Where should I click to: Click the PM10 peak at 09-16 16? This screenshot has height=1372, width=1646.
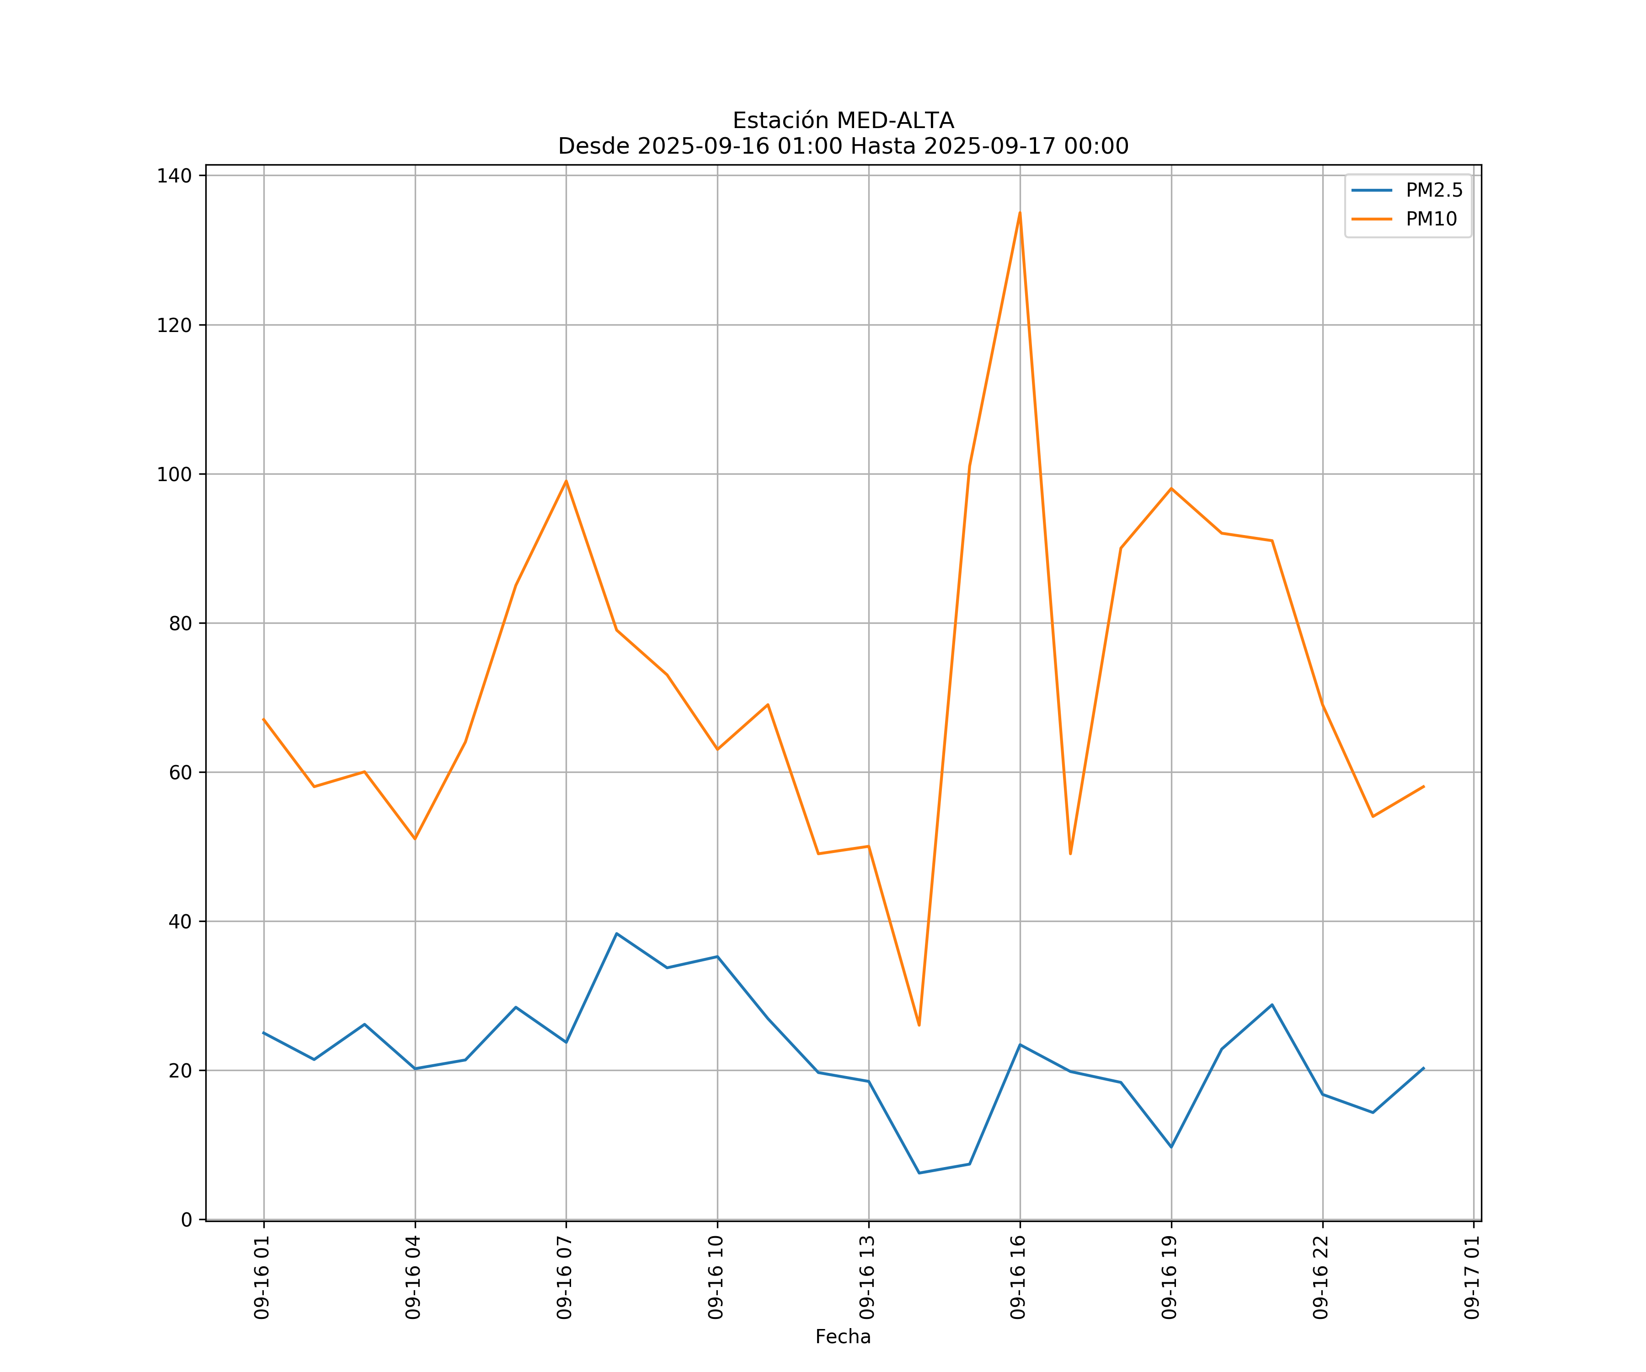pos(1020,213)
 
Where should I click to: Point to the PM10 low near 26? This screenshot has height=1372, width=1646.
pos(919,1025)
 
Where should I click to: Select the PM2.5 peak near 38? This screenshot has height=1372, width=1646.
pos(617,934)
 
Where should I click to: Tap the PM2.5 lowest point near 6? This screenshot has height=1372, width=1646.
pos(919,1173)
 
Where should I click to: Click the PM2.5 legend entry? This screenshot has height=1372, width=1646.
pos(1433,191)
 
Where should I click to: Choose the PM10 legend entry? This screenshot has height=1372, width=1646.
pos(1431,220)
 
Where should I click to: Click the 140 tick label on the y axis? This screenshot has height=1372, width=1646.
pos(174,176)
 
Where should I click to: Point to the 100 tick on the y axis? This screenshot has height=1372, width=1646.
pos(174,474)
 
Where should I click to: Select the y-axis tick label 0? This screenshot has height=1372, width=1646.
pos(187,1220)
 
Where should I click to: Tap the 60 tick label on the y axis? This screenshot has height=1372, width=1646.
pos(180,772)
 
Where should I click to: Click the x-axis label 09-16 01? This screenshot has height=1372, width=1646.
pos(262,1277)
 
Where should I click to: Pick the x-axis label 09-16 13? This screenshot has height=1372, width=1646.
pos(867,1277)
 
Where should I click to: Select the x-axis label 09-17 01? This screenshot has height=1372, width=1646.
pos(1472,1277)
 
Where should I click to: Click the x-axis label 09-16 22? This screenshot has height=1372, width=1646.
pos(1321,1277)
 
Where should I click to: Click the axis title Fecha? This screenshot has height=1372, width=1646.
pos(843,1337)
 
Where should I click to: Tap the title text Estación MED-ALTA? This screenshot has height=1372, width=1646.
pos(843,121)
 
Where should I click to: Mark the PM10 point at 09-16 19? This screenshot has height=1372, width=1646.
pos(1171,488)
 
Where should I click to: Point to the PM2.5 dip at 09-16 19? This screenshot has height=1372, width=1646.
pos(1171,1147)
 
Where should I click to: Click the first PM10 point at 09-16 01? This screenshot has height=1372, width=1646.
pos(264,720)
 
